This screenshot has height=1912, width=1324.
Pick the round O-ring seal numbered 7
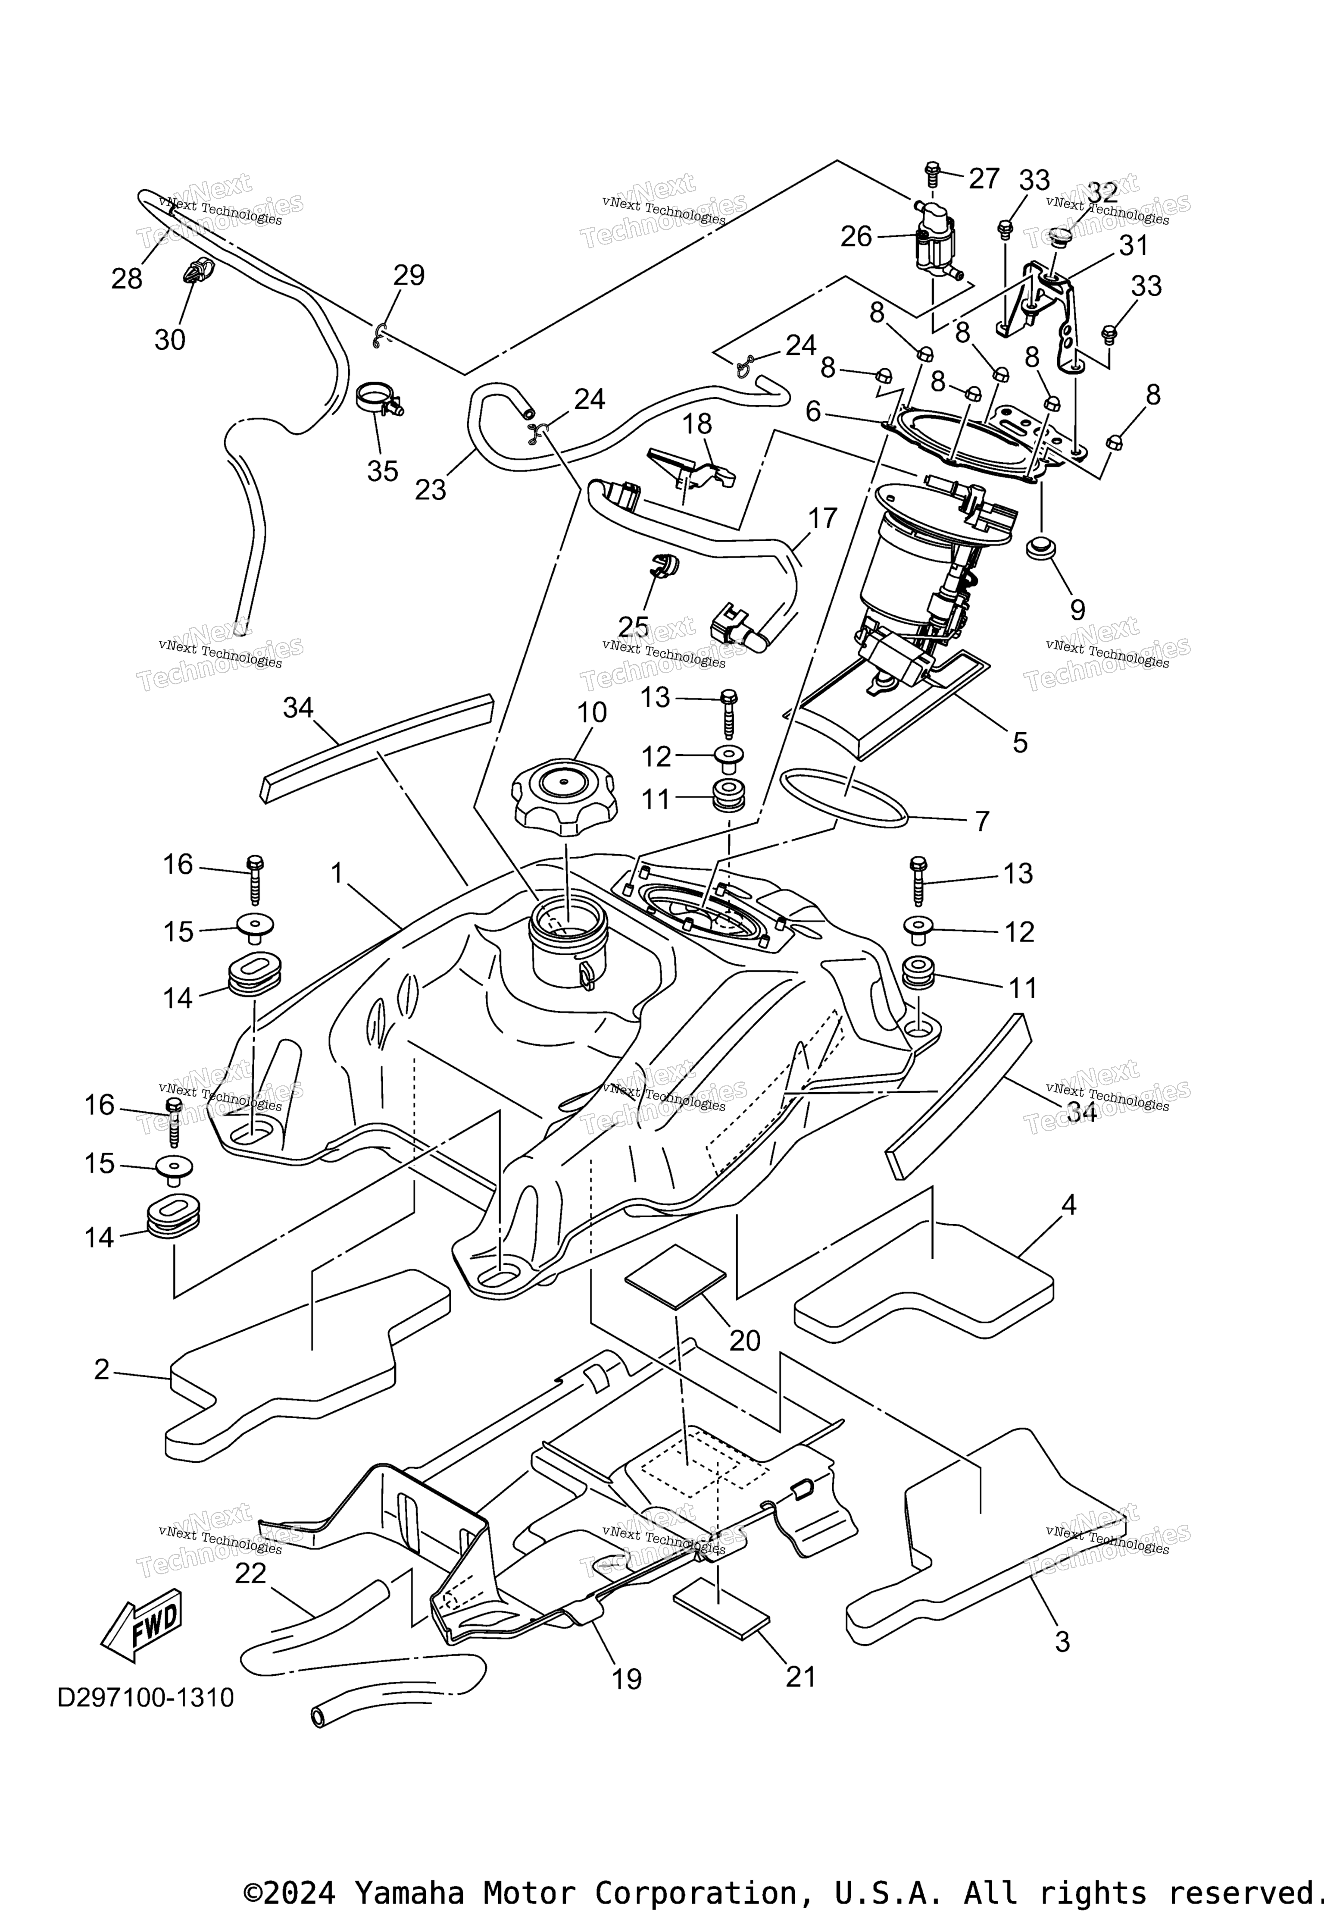click(844, 797)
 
